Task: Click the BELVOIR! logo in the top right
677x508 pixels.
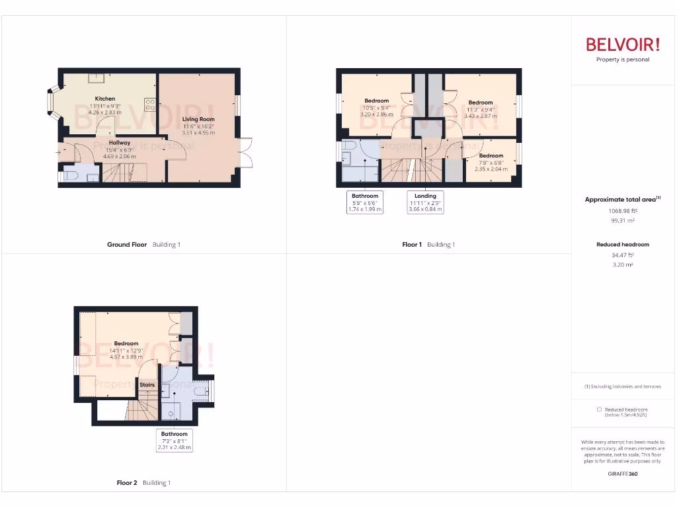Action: (623, 45)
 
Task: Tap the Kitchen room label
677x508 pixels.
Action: (104, 99)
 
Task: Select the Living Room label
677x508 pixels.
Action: (198, 119)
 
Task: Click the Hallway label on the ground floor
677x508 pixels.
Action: (120, 143)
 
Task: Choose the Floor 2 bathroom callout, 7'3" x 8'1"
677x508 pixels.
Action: (174, 441)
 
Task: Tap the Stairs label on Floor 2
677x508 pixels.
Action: (147, 384)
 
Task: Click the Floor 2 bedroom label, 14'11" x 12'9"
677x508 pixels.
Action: (126, 343)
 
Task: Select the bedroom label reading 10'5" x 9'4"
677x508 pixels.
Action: (376, 101)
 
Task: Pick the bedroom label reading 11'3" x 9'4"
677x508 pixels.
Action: (480, 103)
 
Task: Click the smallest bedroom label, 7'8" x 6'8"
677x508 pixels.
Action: (491, 155)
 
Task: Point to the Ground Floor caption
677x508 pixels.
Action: (127, 245)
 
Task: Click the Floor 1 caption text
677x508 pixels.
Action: (412, 245)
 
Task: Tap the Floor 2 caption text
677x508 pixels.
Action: (127, 483)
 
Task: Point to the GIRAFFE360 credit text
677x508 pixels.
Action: (623, 474)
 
